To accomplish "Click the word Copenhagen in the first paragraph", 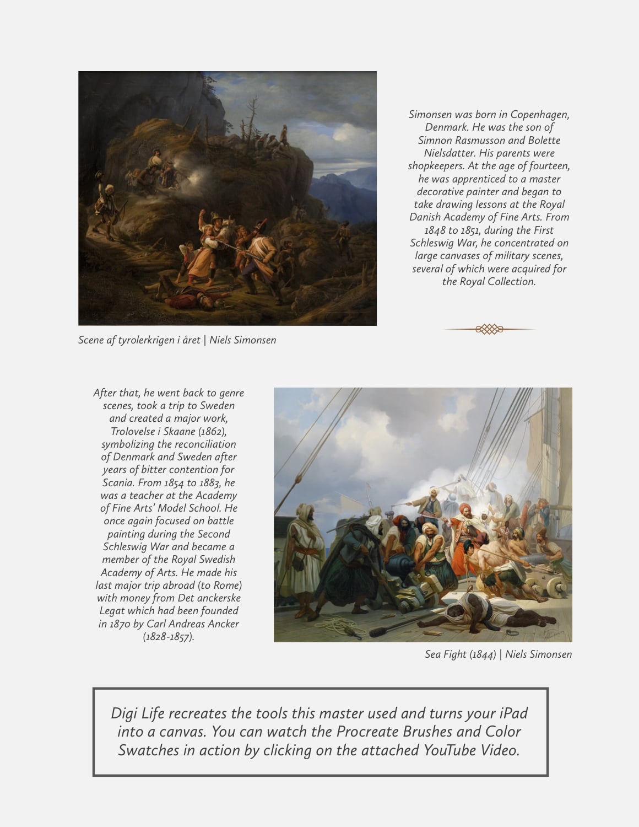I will pyautogui.click(x=539, y=115).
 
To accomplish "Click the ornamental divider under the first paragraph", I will pyautogui.click(x=489, y=329).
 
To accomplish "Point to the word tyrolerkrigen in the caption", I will pyautogui.click(x=147, y=340).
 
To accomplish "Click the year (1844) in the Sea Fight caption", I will pyautogui.click(x=483, y=654).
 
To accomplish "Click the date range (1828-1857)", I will pyautogui.click(x=169, y=637).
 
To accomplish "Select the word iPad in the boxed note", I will pyautogui.click(x=513, y=713).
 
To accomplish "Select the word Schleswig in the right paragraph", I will pyautogui.click(x=434, y=243).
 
